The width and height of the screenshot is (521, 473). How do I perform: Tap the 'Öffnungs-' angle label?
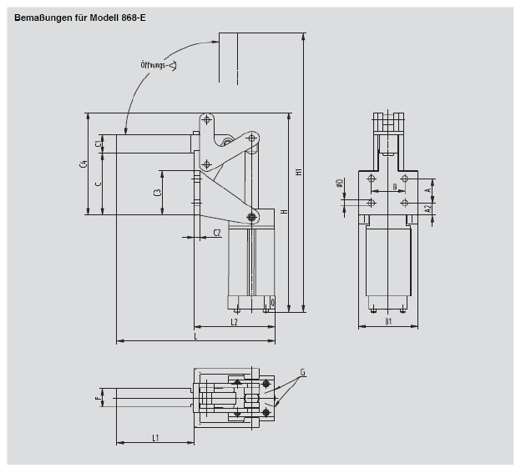[157, 65]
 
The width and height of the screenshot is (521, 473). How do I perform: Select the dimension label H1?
[298, 173]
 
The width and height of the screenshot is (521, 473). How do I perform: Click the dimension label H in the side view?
[284, 212]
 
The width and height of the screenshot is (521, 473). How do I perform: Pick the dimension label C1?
[98, 144]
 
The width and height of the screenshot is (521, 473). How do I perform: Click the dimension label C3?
[158, 193]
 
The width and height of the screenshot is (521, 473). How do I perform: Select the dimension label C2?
[217, 232]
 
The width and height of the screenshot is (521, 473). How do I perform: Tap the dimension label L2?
[234, 321]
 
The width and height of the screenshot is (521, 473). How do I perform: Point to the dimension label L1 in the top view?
[156, 437]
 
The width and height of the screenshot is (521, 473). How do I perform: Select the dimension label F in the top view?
[98, 400]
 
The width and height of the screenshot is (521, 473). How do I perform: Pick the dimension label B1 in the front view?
[388, 321]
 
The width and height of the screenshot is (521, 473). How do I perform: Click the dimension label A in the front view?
[427, 190]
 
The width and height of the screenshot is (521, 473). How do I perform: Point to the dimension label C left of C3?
[98, 184]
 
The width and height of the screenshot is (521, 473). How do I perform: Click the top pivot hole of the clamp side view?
[206, 120]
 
